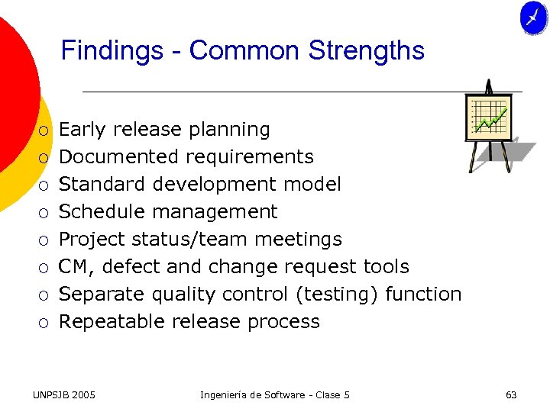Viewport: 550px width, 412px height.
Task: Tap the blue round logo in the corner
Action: [x=533, y=18]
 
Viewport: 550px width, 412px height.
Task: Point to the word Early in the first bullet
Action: [x=81, y=130]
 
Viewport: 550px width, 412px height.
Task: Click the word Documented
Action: [x=120, y=157]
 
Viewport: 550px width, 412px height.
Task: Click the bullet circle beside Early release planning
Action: [x=44, y=130]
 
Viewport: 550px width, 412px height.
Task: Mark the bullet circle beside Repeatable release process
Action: [x=44, y=323]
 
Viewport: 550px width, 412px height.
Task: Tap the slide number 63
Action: [x=511, y=394]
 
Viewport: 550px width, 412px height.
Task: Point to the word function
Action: [x=423, y=295]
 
